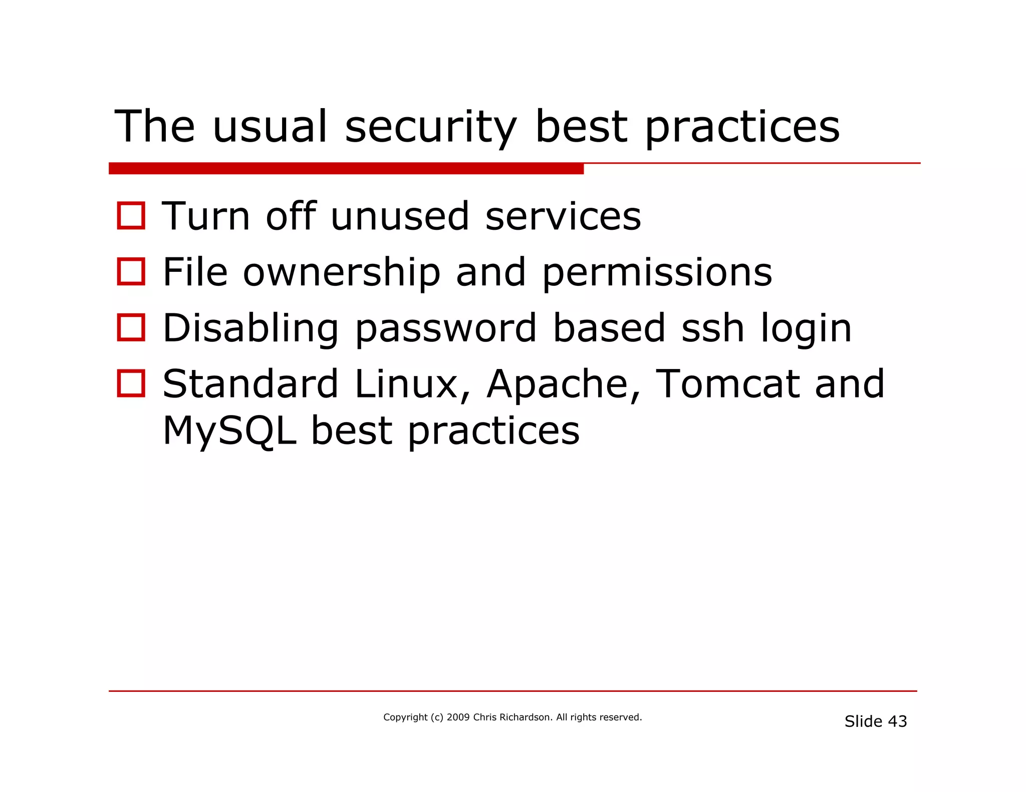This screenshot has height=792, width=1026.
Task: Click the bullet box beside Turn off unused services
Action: (x=131, y=216)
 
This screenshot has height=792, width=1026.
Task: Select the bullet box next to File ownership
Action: (x=131, y=272)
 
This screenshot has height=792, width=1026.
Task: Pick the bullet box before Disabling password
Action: (x=131, y=328)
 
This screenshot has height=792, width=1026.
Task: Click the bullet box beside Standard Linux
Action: (x=131, y=383)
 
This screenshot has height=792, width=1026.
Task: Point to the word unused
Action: (x=400, y=216)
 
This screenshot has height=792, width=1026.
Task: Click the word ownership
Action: (x=342, y=273)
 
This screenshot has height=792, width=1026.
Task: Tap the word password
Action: (x=446, y=329)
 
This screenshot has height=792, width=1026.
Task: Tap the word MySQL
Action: (x=229, y=431)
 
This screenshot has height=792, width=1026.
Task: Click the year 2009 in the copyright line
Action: (x=458, y=717)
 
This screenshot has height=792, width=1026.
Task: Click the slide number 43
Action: (x=897, y=721)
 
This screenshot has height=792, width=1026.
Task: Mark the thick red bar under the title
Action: (x=346, y=169)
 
